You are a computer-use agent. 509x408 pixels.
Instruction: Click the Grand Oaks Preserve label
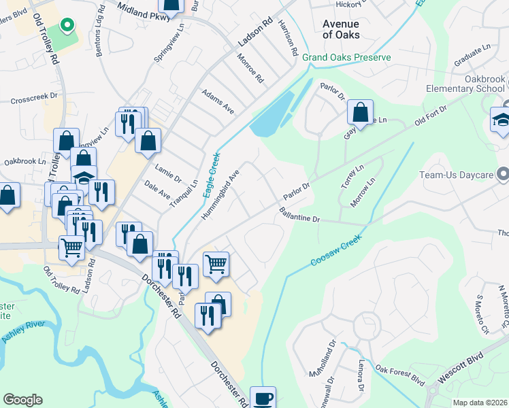point(346,58)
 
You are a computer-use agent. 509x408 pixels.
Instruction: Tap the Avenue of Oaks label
point(340,29)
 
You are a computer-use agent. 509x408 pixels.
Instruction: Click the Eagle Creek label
point(212,174)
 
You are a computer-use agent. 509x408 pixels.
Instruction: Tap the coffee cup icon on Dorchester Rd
point(263,398)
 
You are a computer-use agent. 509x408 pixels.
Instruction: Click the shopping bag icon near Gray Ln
point(360,112)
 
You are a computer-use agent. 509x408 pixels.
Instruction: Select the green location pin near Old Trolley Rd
point(67,26)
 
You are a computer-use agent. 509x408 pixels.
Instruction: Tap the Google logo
point(22,400)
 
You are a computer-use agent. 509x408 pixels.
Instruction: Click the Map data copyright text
point(480,403)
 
